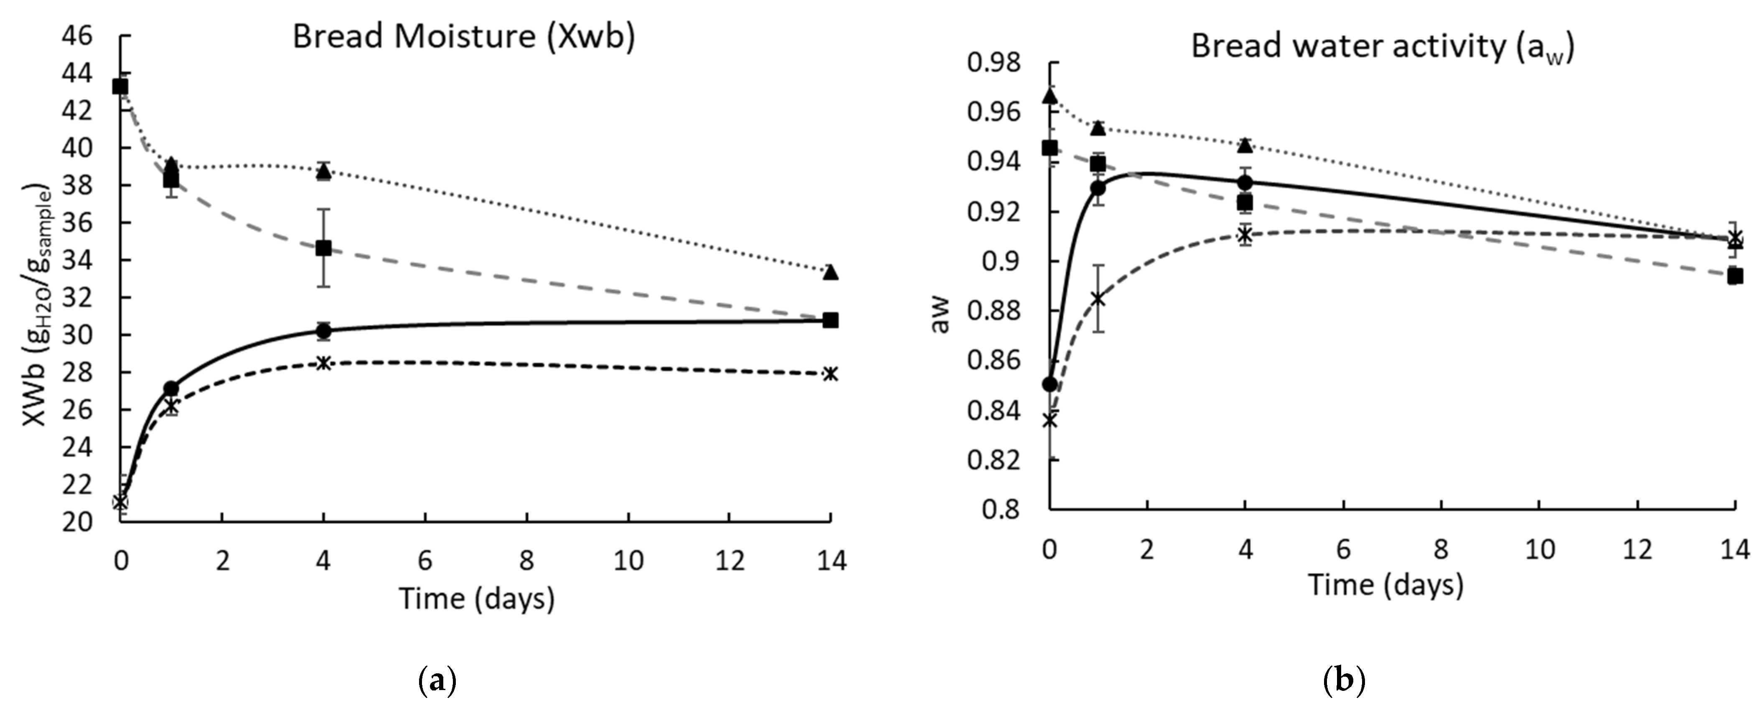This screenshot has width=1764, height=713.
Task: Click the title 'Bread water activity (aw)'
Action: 1382,46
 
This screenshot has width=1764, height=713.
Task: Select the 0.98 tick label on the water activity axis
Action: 993,63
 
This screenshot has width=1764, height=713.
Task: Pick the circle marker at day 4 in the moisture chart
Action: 323,331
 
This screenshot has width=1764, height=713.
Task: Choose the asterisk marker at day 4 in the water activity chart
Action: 1245,235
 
